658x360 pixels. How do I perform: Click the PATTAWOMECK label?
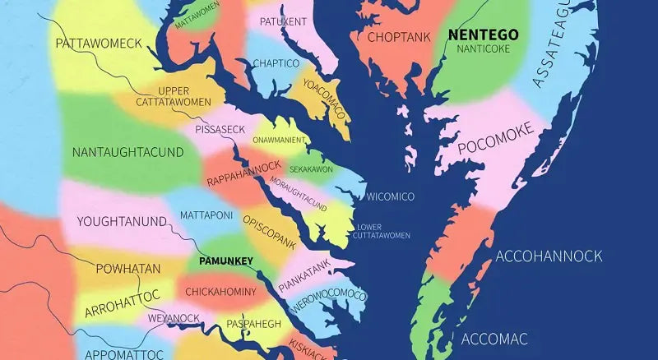[100, 42]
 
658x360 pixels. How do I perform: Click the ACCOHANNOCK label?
[549, 256]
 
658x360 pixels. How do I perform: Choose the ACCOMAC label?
[494, 339]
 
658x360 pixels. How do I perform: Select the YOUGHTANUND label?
[122, 221]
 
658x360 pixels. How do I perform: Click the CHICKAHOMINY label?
[220, 292]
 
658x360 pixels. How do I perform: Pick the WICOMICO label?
[390, 196]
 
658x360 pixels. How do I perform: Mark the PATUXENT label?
[283, 21]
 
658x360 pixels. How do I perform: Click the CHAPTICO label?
[276, 62]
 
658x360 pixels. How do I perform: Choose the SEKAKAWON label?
[311, 168]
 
